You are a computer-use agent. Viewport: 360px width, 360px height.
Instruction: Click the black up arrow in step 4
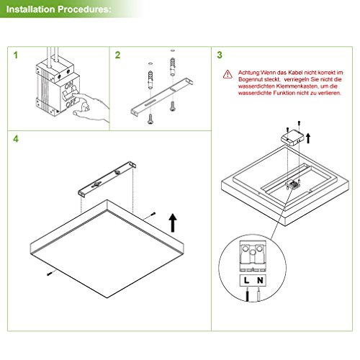173,221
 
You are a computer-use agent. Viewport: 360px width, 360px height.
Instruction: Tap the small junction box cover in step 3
290,138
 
